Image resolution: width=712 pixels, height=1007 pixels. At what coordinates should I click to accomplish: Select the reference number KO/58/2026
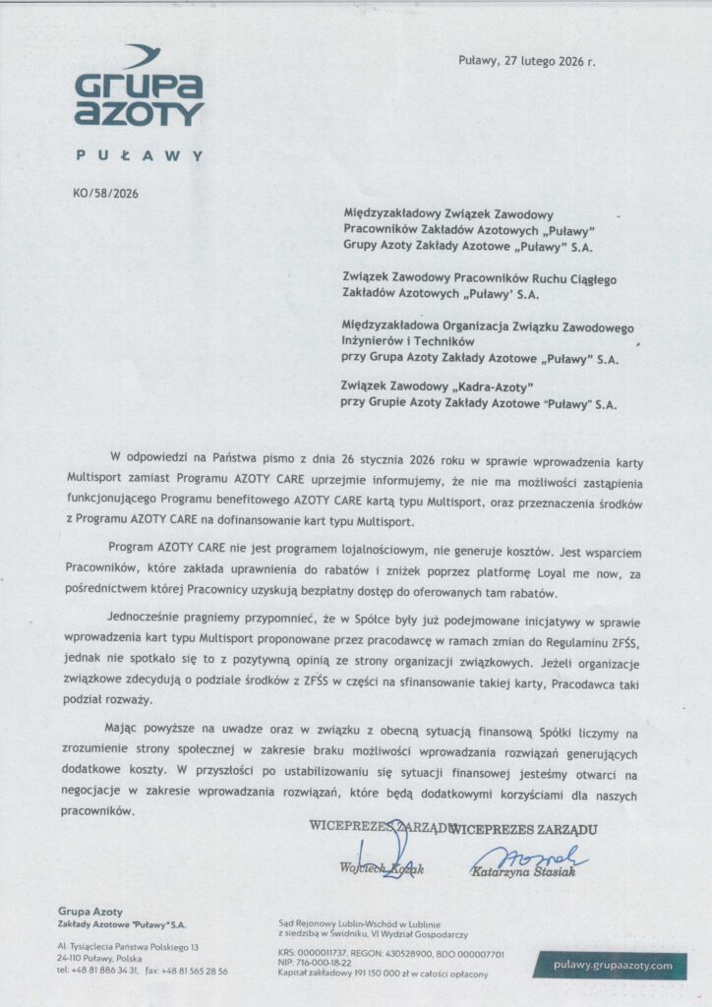[105, 194]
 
